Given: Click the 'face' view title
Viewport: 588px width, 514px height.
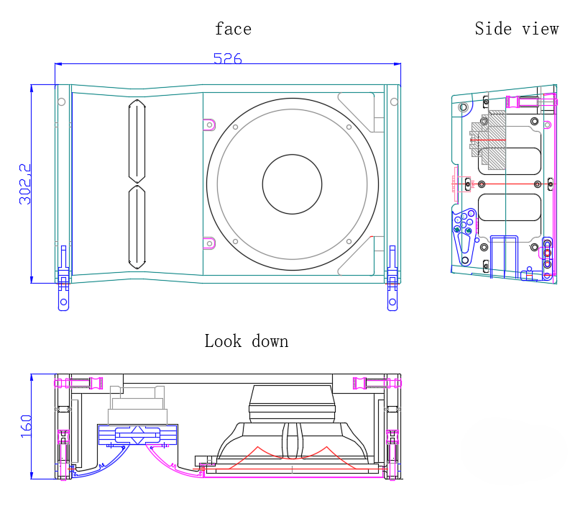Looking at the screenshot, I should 233,30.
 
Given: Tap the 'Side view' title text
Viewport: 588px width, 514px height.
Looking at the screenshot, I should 516,29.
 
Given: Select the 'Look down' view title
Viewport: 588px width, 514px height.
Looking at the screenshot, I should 246,341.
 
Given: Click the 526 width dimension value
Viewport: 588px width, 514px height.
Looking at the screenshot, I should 227,59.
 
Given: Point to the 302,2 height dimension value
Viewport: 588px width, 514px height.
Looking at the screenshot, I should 24,184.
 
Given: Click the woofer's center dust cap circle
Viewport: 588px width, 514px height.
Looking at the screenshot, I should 292,184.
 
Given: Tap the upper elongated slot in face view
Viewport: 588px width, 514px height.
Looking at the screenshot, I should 137,140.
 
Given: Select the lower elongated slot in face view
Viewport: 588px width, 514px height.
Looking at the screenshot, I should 137,227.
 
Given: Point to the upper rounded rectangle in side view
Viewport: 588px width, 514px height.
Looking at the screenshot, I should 509,161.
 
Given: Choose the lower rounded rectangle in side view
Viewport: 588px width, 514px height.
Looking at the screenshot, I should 509,207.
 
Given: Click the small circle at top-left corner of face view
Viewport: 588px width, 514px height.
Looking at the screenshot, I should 62,102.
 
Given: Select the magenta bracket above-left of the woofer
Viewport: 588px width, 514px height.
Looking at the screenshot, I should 209,124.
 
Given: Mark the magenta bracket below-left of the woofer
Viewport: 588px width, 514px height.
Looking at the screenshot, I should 209,243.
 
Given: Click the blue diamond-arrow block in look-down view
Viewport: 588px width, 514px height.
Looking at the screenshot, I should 137,434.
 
